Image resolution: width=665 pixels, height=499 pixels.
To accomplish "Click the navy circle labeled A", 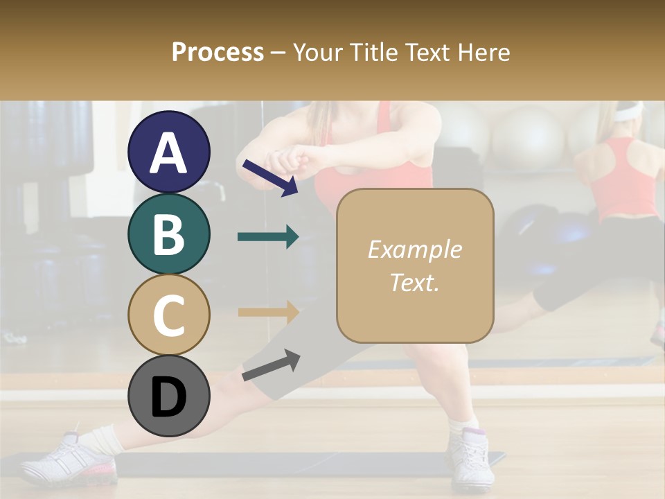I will (x=169, y=152).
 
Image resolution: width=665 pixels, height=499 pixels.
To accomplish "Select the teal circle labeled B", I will (x=169, y=234).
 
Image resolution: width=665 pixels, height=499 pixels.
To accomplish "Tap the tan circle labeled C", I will (x=169, y=315).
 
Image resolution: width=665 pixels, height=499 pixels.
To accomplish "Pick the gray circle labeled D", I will (x=169, y=396).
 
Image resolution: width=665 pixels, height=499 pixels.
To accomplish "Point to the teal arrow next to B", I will (x=268, y=237).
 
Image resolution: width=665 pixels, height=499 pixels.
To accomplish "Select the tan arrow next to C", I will (x=268, y=312).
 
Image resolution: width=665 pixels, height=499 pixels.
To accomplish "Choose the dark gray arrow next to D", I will (x=271, y=365).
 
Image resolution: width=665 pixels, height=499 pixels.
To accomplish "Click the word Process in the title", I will (x=218, y=52).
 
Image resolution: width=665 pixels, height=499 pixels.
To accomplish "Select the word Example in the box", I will (x=415, y=249).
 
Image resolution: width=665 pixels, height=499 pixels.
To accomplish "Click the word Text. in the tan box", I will (x=415, y=282).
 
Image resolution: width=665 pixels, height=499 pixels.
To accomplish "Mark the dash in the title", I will (x=278, y=52).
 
